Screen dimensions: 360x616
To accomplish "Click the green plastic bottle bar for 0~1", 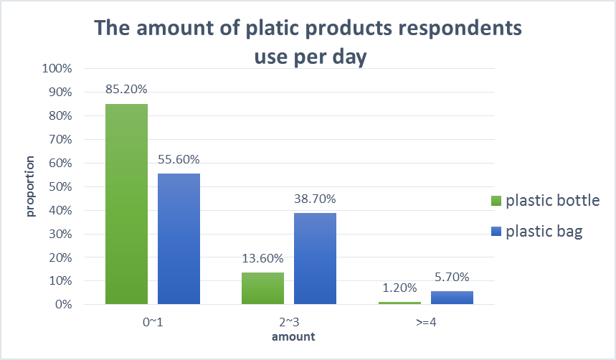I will point(126,204).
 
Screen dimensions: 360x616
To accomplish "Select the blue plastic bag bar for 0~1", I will point(179,239).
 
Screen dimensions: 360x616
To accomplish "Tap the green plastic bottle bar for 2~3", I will point(262,288).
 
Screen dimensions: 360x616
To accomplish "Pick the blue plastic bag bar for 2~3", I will point(315,258).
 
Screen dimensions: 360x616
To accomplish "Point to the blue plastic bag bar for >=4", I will point(452,298).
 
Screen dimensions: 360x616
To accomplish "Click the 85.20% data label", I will point(126,90).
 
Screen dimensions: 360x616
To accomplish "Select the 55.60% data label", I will point(179,159).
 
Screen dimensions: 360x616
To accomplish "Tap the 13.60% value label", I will point(262,258).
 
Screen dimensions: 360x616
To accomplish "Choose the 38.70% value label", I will point(315,199).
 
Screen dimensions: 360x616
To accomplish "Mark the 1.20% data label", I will point(399,288).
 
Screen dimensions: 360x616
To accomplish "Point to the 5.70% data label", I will point(452,277).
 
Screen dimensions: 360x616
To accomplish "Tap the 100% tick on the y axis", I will point(57,70).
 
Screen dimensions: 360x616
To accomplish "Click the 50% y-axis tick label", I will point(60,187).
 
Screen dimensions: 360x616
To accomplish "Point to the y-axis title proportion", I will point(31,186).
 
